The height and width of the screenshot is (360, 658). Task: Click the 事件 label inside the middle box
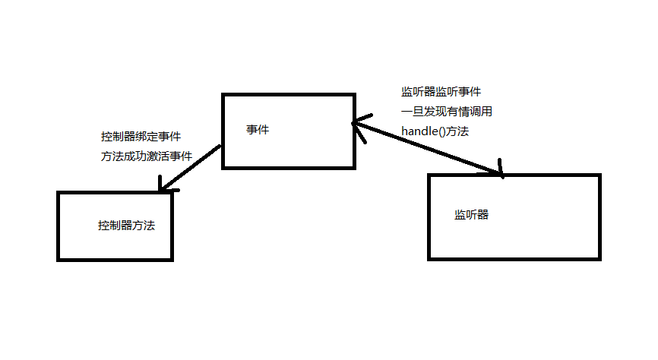click(x=258, y=130)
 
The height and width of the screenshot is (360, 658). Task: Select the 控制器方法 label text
click(x=127, y=226)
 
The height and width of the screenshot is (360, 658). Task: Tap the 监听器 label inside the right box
click(x=471, y=215)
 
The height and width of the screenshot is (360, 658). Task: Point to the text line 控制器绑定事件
click(x=141, y=137)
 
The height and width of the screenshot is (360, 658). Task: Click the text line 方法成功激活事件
click(x=146, y=156)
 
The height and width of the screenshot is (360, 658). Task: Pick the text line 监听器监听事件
click(x=441, y=92)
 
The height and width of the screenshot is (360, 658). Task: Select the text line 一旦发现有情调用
click(x=447, y=112)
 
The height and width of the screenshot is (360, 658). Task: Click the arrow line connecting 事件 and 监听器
click(x=429, y=148)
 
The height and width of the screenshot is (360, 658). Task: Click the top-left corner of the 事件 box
click(x=223, y=95)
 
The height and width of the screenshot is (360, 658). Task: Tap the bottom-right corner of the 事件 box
click(x=354, y=166)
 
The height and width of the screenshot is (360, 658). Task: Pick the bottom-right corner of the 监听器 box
click(x=599, y=258)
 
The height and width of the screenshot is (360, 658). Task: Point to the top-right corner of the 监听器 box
click(x=599, y=176)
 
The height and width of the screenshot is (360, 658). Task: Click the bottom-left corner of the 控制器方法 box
click(x=59, y=260)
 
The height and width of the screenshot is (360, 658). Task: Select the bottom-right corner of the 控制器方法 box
click(x=172, y=260)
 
